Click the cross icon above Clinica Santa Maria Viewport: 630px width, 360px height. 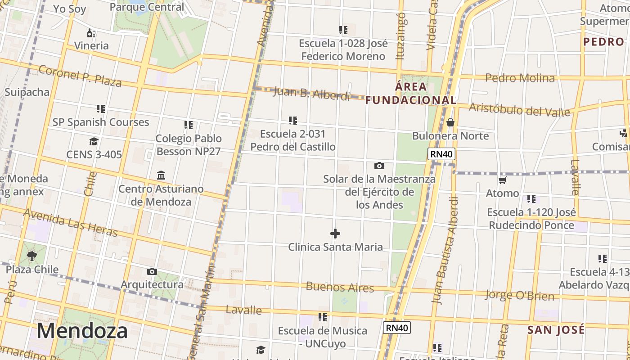(335, 234)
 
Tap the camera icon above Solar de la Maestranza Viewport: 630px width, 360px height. (379, 166)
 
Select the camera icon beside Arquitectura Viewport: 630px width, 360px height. (152, 271)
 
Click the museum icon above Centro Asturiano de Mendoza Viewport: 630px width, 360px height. (161, 175)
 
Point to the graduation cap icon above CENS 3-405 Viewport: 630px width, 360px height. (94, 141)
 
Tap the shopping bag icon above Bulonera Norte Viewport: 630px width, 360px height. (450, 122)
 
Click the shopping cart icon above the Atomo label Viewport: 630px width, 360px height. (502, 180)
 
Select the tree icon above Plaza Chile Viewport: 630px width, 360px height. (32, 256)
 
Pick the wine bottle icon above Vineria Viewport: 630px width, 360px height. (91, 33)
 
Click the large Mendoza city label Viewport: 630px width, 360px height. (82, 331)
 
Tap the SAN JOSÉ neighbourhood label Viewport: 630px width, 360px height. (556, 330)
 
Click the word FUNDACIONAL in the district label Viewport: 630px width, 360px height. (410, 100)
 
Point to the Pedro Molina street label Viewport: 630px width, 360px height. (520, 78)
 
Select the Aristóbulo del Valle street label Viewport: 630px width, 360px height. (519, 109)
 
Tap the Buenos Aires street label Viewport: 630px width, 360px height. (340, 287)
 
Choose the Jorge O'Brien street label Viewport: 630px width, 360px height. (519, 296)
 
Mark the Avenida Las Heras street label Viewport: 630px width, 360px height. (70, 222)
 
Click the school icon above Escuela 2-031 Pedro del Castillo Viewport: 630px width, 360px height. (293, 121)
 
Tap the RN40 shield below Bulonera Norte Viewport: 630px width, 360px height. (441, 154)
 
